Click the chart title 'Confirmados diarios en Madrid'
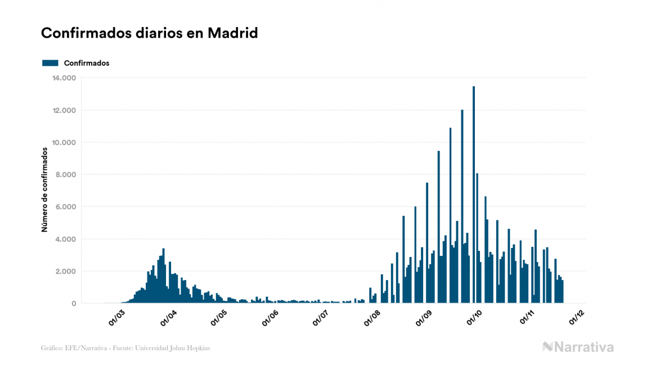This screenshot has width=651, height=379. pos(149,33)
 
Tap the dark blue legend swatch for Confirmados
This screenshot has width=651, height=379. pos(50,63)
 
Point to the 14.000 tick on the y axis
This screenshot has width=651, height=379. pos(63,78)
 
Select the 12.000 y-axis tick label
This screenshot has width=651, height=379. pos(63,110)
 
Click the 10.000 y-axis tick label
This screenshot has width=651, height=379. pos(63,142)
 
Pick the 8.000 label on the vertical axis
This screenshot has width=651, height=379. pos(65,175)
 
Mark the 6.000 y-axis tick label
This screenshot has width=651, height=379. pos(65,207)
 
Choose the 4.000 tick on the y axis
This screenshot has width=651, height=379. pos(65,239)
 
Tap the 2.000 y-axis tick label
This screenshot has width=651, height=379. pos(65,272)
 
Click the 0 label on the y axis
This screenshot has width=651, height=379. pos(73,304)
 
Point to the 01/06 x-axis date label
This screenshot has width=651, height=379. pos(270,317)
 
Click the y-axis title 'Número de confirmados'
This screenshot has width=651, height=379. pos(44,189)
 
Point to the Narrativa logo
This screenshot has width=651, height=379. pos(578,347)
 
